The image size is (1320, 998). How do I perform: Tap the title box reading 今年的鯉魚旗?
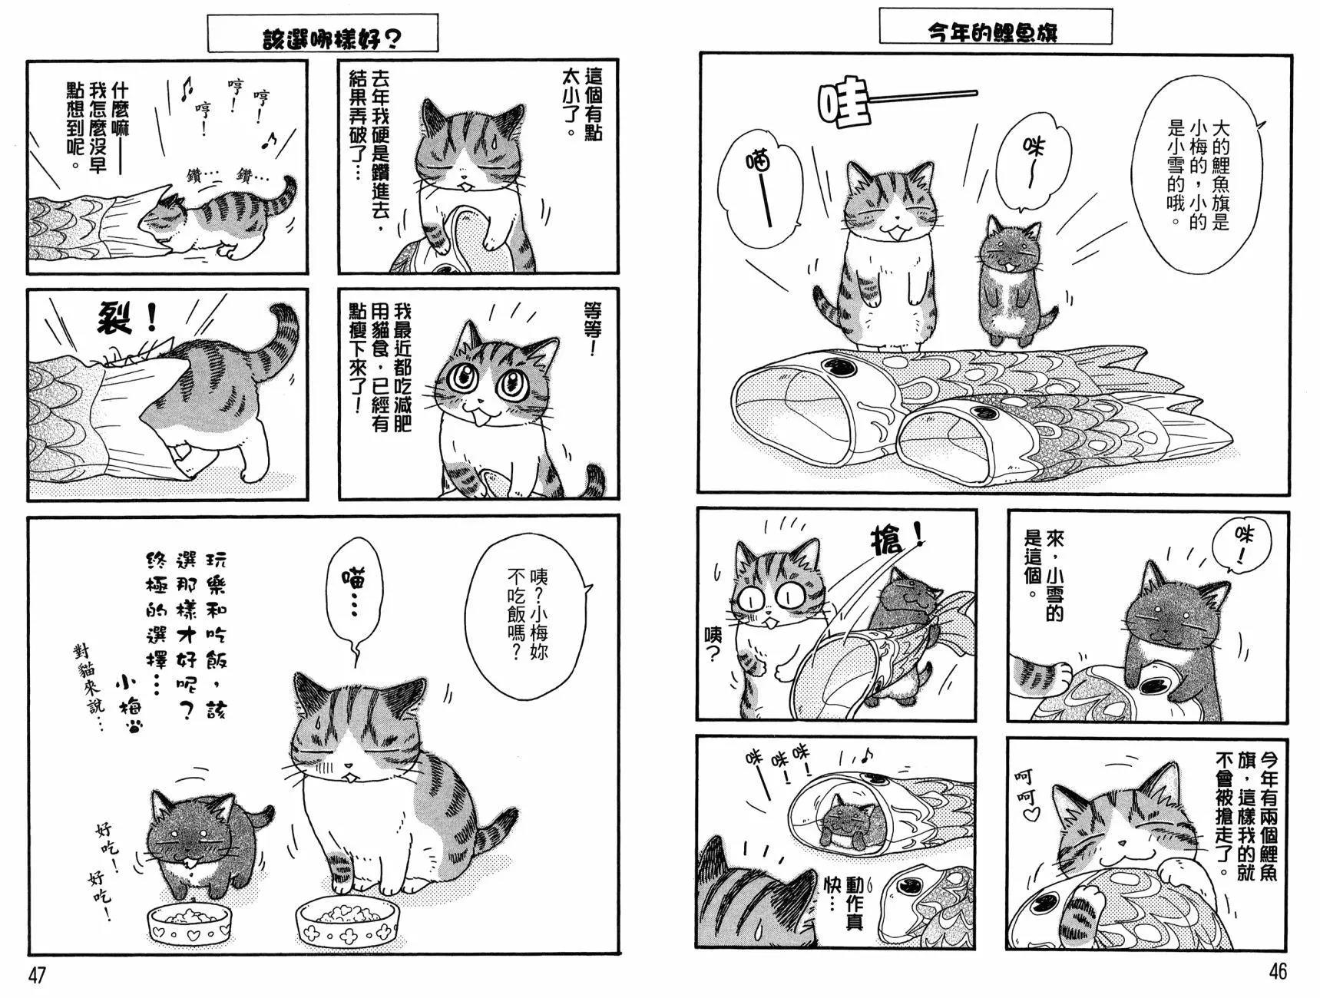pos(995,26)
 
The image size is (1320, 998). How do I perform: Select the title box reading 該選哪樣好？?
pos(323,34)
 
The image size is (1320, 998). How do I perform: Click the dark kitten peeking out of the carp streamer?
pos(842,815)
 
